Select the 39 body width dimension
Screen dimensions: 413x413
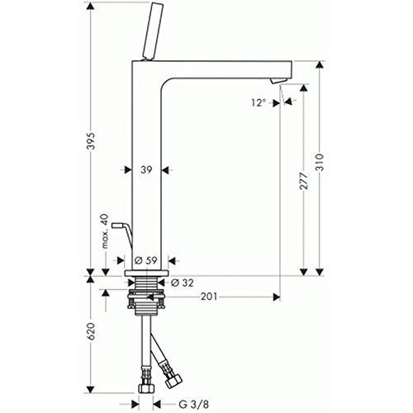(x=145, y=169)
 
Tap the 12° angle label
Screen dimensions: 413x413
(x=258, y=102)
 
